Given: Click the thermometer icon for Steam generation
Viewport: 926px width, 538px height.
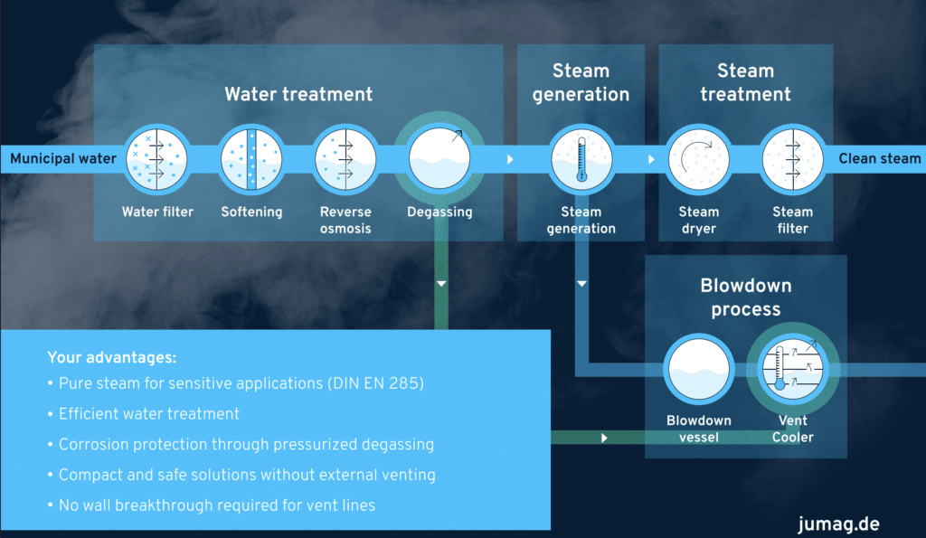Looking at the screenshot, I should pyautogui.click(x=581, y=159).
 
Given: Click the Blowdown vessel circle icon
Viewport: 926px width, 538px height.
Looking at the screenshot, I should pyautogui.click(x=699, y=371).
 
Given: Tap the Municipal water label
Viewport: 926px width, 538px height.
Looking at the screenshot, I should pyautogui.click(x=63, y=159).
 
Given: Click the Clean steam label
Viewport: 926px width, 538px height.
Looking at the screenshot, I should pyautogui.click(x=879, y=159).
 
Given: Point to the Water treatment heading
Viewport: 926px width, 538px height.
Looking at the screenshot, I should pyautogui.click(x=298, y=94).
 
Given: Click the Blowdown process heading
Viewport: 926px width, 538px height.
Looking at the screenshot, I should pyautogui.click(x=746, y=297).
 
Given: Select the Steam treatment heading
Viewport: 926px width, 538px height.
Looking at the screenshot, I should pyautogui.click(x=746, y=82).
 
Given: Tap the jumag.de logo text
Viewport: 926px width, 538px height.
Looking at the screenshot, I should pyautogui.click(x=838, y=524).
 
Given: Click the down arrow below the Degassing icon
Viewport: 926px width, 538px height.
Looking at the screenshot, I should pyautogui.click(x=441, y=283).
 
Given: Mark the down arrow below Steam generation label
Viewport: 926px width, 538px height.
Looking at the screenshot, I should pyautogui.click(x=581, y=284).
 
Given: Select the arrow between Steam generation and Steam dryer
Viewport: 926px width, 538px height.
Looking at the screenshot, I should pyautogui.click(x=651, y=159).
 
